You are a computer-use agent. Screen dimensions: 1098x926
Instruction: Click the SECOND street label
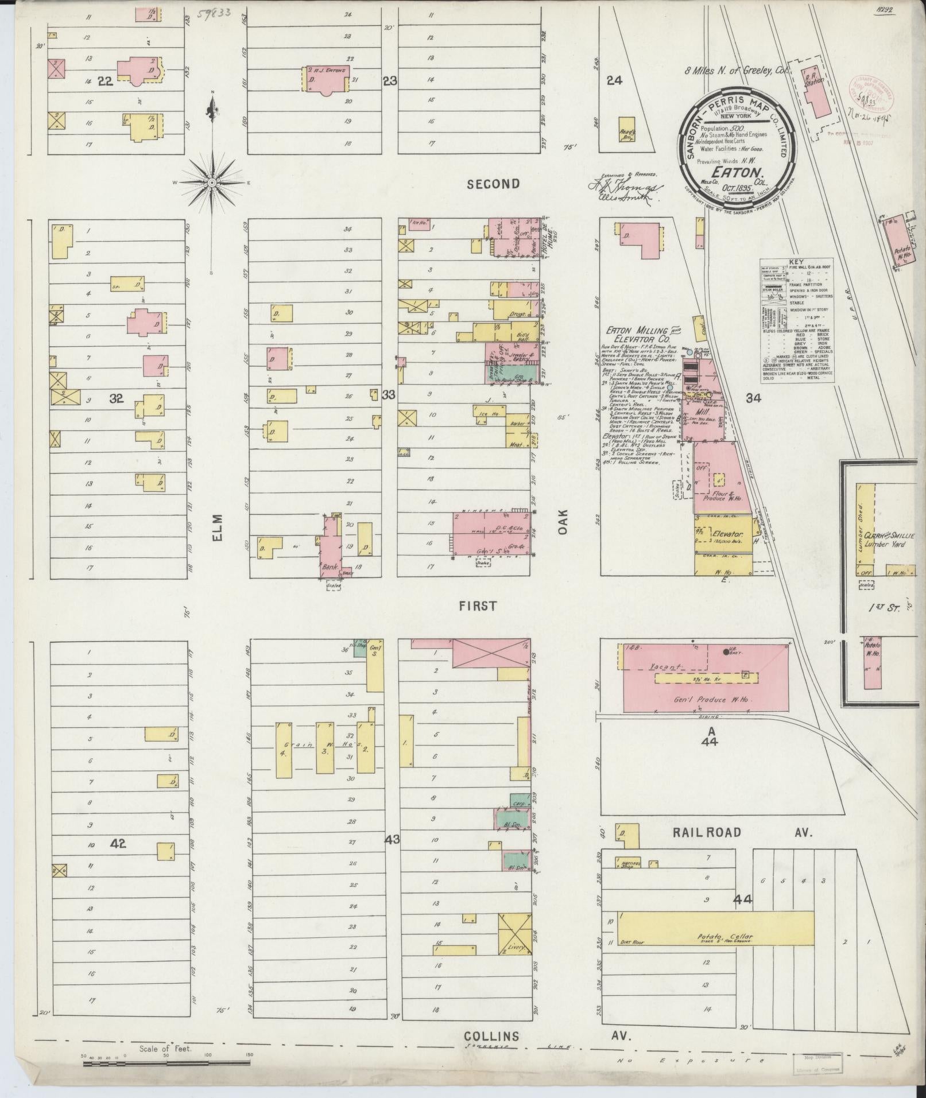coord(493,184)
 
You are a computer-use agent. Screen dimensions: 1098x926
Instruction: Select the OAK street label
coord(563,523)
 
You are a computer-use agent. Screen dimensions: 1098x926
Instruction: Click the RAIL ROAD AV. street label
coord(741,832)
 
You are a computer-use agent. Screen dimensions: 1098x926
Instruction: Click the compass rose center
coord(212,182)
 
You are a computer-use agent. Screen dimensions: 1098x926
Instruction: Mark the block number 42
coord(119,844)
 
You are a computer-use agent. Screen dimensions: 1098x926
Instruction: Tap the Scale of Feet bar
coord(166,1063)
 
